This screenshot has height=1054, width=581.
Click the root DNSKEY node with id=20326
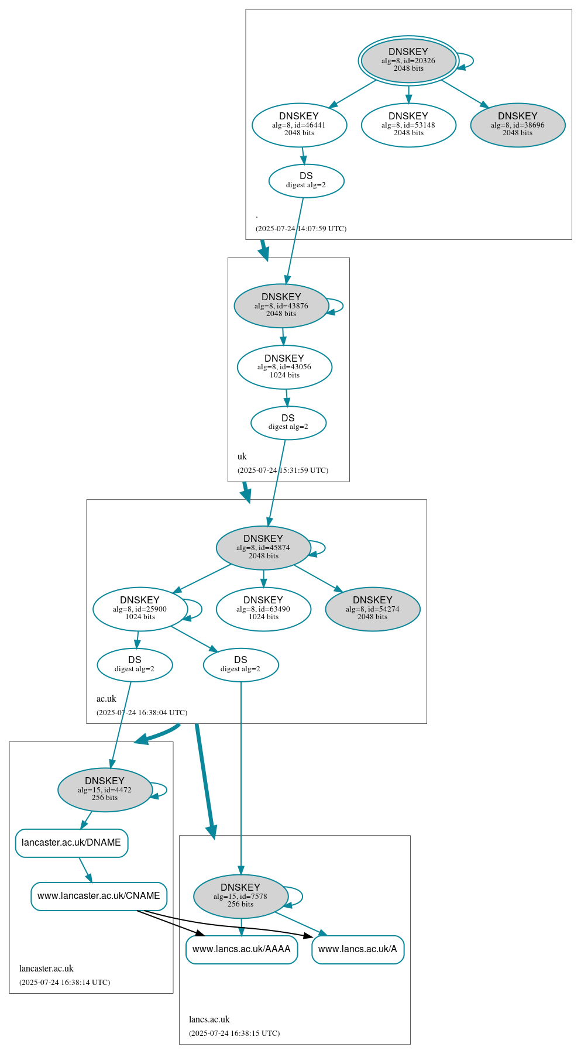coord(408,60)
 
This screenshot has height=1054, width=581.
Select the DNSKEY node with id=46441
coord(299,125)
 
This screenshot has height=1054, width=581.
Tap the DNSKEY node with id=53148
coord(408,125)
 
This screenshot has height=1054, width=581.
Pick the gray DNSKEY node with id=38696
coord(517,125)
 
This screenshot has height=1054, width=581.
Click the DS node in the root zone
coord(306,180)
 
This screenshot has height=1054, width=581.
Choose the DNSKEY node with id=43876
coord(281,305)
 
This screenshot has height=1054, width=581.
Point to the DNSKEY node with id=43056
coord(284,367)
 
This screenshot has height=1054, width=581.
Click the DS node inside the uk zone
coord(288,423)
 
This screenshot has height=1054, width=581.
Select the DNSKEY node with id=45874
coord(263,547)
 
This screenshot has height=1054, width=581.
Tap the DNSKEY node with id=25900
coord(140,609)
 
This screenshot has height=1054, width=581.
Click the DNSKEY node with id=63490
coord(263,609)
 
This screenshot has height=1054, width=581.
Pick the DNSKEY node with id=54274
coord(372,609)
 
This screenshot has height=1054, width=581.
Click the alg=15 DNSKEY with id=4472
coord(105,789)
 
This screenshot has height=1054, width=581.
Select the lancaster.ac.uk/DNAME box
coord(71,843)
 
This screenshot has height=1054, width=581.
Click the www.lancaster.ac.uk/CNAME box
coord(99,896)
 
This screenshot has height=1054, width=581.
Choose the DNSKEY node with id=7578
coord(240,896)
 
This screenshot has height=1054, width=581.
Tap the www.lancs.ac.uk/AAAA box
coord(242,949)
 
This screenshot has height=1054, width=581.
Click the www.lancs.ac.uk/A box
coord(357,949)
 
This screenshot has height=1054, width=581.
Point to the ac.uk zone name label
coord(106,699)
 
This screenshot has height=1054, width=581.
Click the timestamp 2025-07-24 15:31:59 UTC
coord(283,471)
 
